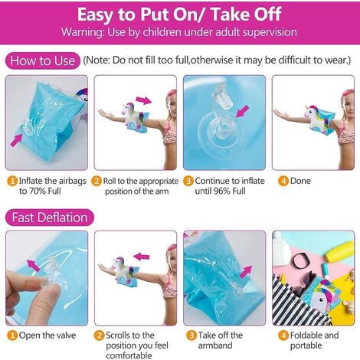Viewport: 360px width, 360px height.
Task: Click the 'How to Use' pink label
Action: [x=43, y=61]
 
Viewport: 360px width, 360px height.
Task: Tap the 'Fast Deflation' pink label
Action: [x=50, y=218]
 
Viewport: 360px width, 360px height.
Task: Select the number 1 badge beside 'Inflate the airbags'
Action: [x=12, y=181]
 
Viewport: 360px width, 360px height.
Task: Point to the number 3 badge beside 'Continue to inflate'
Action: [x=188, y=181]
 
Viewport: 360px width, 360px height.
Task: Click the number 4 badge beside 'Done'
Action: [x=283, y=181]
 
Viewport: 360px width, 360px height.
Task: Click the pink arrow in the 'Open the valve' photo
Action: [x=34, y=266]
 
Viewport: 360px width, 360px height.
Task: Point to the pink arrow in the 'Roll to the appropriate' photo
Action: [x=144, y=100]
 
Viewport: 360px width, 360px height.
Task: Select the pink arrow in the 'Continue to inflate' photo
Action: [x=243, y=111]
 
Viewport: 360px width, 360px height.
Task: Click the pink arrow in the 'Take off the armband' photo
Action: [x=246, y=271]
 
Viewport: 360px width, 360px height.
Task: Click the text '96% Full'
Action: [x=230, y=191]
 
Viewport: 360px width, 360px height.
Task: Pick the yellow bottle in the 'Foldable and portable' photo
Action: [x=339, y=252]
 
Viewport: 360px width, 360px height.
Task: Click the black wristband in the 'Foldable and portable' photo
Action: [x=301, y=260]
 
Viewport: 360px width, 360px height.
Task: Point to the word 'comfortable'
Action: [x=129, y=355]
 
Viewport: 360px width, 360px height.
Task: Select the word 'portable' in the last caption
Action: [x=306, y=345]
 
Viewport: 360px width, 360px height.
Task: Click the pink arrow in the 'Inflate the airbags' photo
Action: [x=16, y=141]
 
